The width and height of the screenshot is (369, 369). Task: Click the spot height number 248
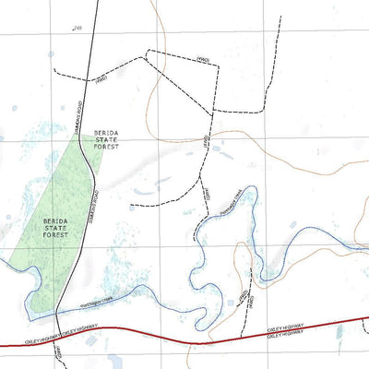click(x=77, y=29)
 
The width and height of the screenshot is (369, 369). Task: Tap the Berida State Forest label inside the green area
click(x=54, y=227)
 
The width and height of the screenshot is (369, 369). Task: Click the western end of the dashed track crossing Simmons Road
click(x=54, y=70)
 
